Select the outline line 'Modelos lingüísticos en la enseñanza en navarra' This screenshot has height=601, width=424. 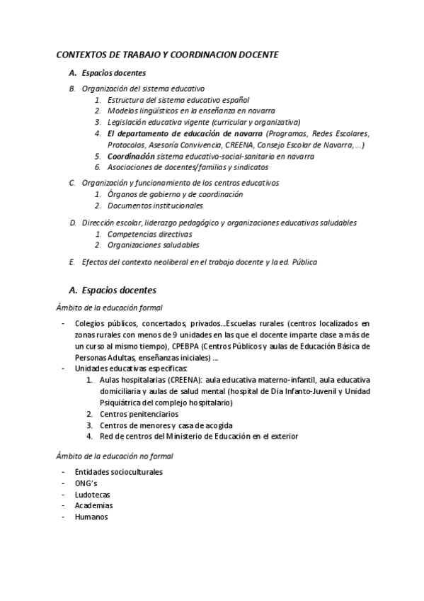point(191,111)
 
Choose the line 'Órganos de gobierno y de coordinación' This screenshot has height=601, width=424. point(175,194)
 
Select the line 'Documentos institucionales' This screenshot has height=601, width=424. point(155,206)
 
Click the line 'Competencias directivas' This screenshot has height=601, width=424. point(149,234)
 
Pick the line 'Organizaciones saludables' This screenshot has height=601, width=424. point(153,245)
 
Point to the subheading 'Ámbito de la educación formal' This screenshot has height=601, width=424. point(110,308)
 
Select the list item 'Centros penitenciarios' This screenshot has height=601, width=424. point(139,414)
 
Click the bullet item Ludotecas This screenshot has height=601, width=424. point(92,494)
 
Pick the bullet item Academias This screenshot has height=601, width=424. point(93,505)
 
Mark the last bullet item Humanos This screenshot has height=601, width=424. point(91,517)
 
